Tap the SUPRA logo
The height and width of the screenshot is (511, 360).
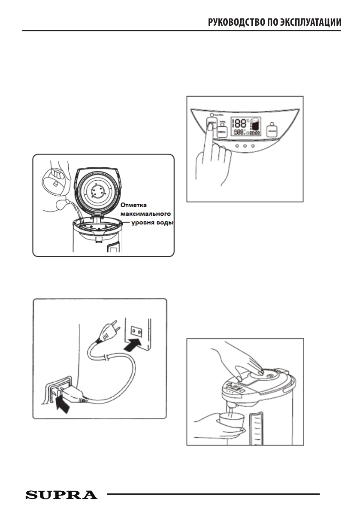point(61,494)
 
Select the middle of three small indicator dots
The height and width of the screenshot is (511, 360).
point(245,146)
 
